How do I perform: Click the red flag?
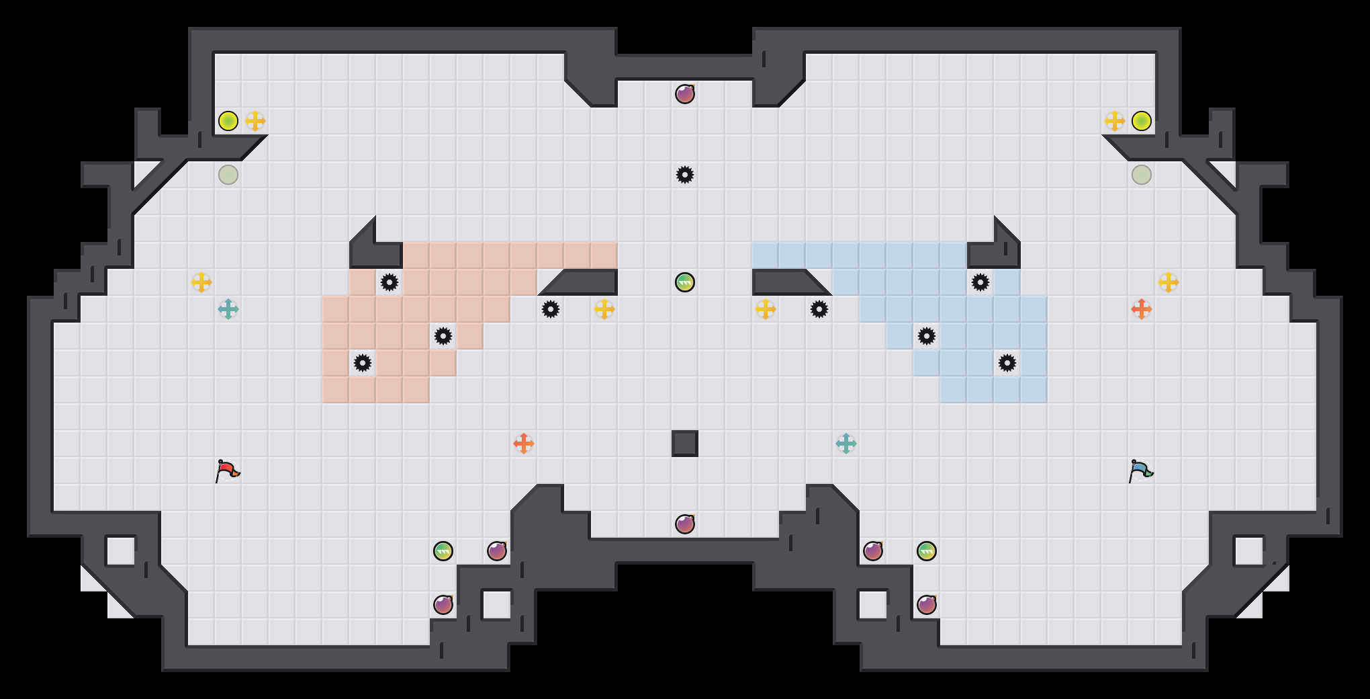pyautogui.click(x=227, y=470)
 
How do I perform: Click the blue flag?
pyautogui.click(x=1140, y=470)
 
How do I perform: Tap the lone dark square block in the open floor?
pyautogui.click(x=685, y=444)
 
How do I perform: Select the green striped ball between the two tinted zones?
pyautogui.click(x=685, y=282)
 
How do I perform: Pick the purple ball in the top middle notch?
pyautogui.click(x=685, y=94)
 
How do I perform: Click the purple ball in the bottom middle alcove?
pyautogui.click(x=685, y=524)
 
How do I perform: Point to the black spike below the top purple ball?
pyautogui.click(x=685, y=175)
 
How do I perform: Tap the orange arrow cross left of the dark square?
pyautogui.click(x=524, y=444)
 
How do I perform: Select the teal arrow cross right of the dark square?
pyautogui.click(x=846, y=444)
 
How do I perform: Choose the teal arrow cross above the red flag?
pyautogui.click(x=228, y=309)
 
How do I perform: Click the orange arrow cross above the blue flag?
pyautogui.click(x=1142, y=309)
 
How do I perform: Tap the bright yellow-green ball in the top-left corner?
pyautogui.click(x=228, y=121)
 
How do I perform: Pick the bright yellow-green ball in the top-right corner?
pyautogui.click(x=1142, y=121)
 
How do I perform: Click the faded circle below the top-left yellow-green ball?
pyautogui.click(x=228, y=175)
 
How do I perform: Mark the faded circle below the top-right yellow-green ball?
pyautogui.click(x=1142, y=175)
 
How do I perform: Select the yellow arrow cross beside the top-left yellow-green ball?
pyautogui.click(x=255, y=121)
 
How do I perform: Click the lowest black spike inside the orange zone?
pyautogui.click(x=363, y=363)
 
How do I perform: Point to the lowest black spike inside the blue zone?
pyautogui.click(x=1007, y=363)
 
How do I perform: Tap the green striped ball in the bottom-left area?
pyautogui.click(x=443, y=551)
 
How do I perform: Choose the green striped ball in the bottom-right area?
pyautogui.click(x=927, y=551)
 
